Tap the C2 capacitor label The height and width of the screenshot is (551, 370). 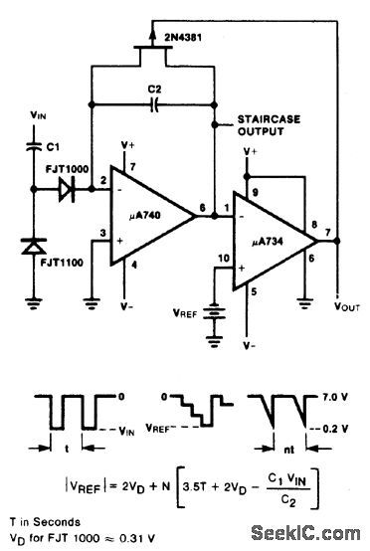click(x=154, y=90)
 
